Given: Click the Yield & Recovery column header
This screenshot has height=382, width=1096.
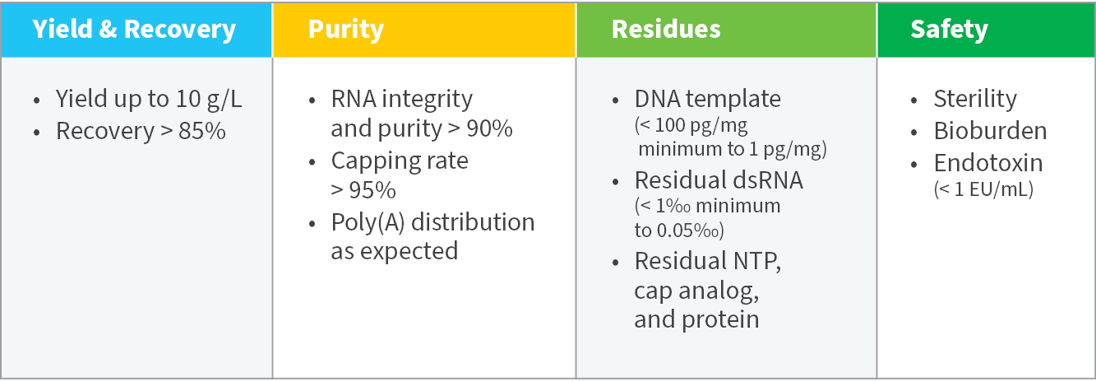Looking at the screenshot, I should pos(134,30).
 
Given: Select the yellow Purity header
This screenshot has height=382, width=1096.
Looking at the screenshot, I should pos(345,30).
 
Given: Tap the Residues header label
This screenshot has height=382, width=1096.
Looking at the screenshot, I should pos(666,30).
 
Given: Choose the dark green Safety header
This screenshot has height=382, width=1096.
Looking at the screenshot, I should pos(949,30).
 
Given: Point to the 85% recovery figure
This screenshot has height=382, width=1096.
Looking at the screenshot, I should pos(202,131).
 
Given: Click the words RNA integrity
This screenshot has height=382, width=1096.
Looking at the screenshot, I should pos(401,100).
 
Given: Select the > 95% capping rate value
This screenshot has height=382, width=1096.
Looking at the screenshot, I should pos(363,190).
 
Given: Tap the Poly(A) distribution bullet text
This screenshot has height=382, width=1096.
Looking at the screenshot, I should pos(432,222).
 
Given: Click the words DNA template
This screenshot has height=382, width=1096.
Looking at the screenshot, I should pos(707,100).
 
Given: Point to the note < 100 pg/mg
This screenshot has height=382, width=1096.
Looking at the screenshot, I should pos(691,127).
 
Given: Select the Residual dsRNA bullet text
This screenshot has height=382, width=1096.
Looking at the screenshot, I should pos(718,180).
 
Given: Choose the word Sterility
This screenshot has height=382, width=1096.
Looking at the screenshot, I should pos(975,100).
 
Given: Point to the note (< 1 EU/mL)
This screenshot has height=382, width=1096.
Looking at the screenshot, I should pos(983,189).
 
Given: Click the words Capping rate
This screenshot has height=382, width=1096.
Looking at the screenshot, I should pos(400,161).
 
